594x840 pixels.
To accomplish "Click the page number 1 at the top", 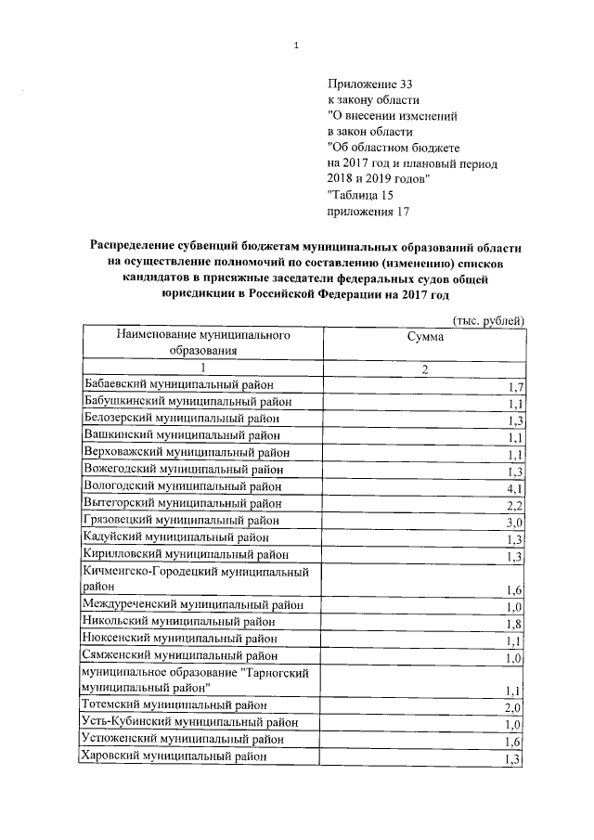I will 296,45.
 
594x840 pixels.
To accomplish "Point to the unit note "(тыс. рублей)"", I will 489,320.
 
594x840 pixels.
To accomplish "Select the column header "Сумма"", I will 424,338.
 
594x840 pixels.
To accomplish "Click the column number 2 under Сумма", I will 424,368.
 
